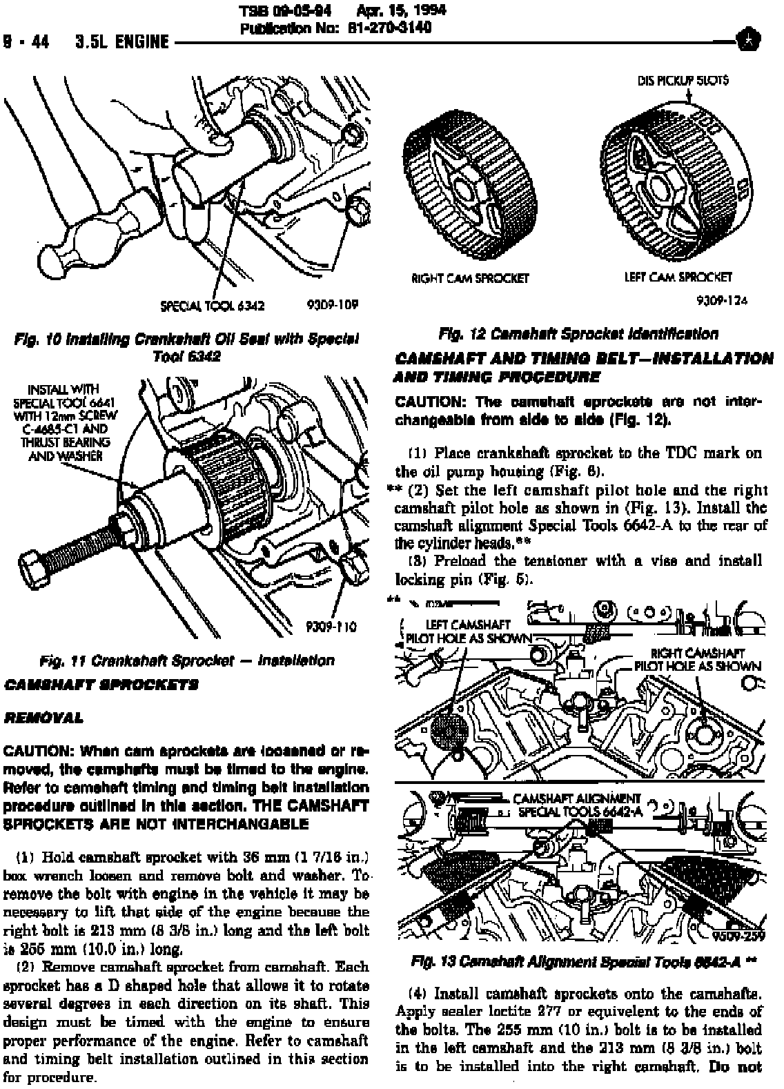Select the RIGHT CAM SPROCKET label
click(470, 278)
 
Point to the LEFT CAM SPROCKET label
click(678, 277)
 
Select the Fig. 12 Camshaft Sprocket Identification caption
click(578, 335)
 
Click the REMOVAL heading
click(43, 718)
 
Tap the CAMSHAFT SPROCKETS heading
click(101, 685)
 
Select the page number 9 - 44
click(27, 42)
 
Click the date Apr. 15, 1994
click(401, 10)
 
